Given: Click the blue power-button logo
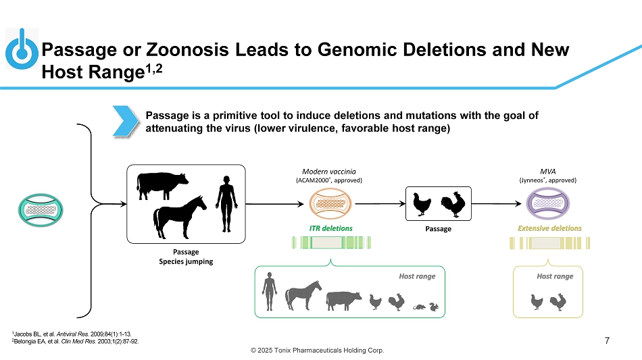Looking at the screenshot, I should tap(21, 49).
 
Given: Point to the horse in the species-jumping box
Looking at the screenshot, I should tap(179, 213).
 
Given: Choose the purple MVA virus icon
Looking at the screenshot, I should tap(549, 203).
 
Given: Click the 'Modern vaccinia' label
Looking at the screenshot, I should tap(329, 172).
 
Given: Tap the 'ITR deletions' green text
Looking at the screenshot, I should tap(331, 228).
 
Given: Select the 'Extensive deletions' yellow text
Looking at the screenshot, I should tap(549, 228).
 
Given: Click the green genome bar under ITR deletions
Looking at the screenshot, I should tap(332, 243).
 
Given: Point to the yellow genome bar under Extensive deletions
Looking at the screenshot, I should tap(549, 243).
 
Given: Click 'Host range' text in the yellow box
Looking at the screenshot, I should tap(554, 276).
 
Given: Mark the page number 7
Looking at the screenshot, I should tap(608, 340).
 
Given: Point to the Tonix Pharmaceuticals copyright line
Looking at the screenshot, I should tap(320, 351).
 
